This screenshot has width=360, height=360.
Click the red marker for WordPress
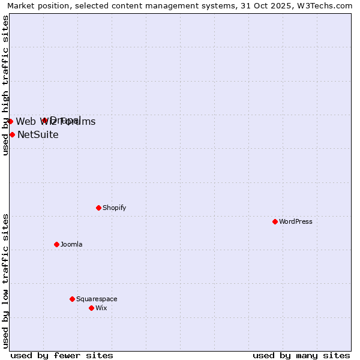pos(275,221)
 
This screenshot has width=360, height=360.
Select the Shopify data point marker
pos(99,208)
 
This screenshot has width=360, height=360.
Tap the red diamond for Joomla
pos(57,244)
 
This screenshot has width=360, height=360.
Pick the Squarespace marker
pos(73,299)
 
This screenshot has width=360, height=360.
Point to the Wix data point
pos(92,308)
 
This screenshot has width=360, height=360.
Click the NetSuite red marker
pos(12,134)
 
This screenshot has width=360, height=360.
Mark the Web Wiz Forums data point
pos(10,121)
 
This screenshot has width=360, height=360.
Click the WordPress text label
pos(296,221)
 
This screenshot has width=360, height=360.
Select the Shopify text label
pos(115,208)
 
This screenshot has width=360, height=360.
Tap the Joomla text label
pos(71,244)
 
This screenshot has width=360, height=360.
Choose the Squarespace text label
pos(97,299)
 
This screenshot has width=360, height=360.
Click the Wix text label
pos(101,308)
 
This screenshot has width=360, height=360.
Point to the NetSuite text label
pos(38,134)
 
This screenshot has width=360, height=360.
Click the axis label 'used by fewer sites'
pos(62,355)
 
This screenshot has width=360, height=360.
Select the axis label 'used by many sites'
pos(301,355)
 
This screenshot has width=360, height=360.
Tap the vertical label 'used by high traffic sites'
pos(5,85)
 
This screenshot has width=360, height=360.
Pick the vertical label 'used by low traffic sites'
pos(5,281)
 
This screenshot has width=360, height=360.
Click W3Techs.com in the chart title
pos(329,5)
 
